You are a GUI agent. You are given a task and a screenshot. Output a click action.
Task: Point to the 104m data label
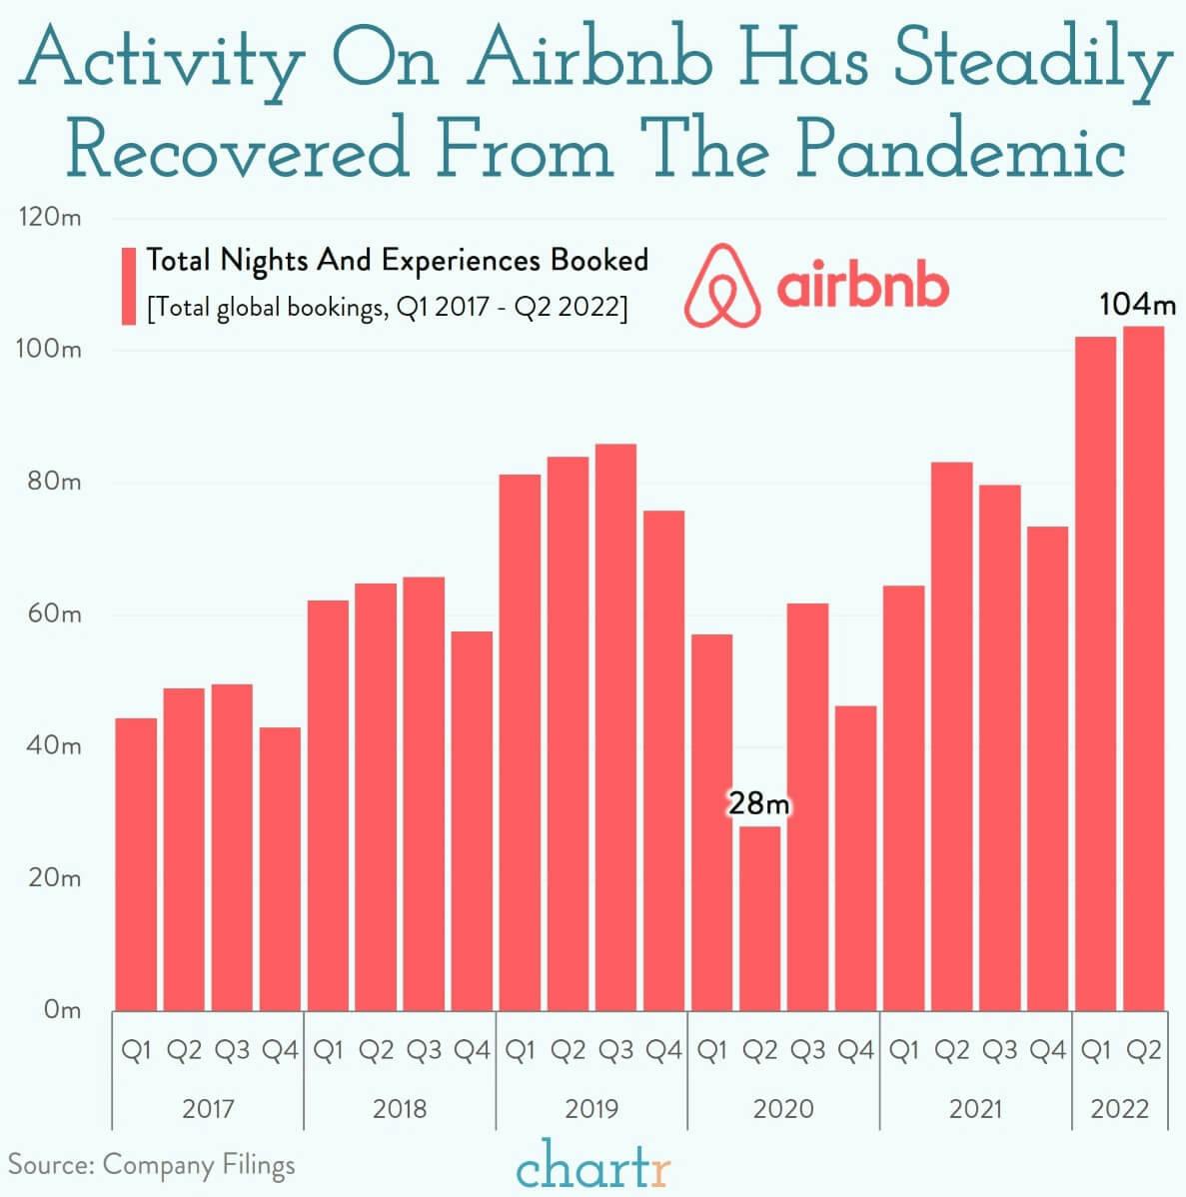coord(1137,304)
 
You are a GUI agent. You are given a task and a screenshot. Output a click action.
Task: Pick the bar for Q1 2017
coord(136,863)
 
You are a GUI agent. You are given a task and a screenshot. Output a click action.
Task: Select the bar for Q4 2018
coord(472,819)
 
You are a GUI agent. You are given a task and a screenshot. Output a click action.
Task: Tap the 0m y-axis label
coord(61,1009)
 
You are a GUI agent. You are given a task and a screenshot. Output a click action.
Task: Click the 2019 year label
coord(592,1108)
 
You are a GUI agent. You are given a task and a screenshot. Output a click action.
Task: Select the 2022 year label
coord(1119,1108)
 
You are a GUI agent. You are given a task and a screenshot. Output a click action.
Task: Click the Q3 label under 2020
coord(807,1050)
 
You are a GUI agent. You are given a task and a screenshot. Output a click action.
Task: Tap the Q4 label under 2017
coord(280,1050)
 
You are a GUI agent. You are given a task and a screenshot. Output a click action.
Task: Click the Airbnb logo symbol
coord(722,286)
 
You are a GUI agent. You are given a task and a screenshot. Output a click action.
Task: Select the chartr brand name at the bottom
coord(593,1166)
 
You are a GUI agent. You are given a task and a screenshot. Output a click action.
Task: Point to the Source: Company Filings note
coord(152,1165)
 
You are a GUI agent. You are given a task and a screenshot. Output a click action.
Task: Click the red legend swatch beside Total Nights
coord(128,286)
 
